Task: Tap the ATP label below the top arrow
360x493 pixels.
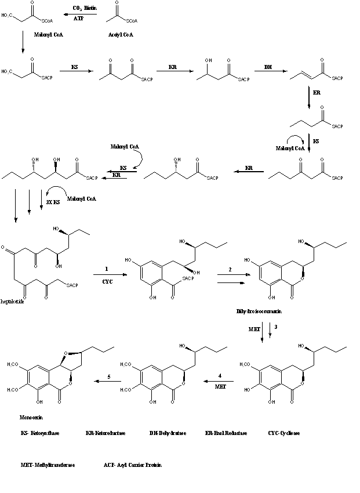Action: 79,19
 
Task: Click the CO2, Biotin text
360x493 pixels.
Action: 85,9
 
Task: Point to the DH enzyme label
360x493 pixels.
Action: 268,67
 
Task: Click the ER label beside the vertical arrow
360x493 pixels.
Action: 317,92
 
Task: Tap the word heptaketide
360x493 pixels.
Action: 13,302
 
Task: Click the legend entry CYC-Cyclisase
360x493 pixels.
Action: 284,433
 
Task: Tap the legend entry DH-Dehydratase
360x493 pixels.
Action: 168,433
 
